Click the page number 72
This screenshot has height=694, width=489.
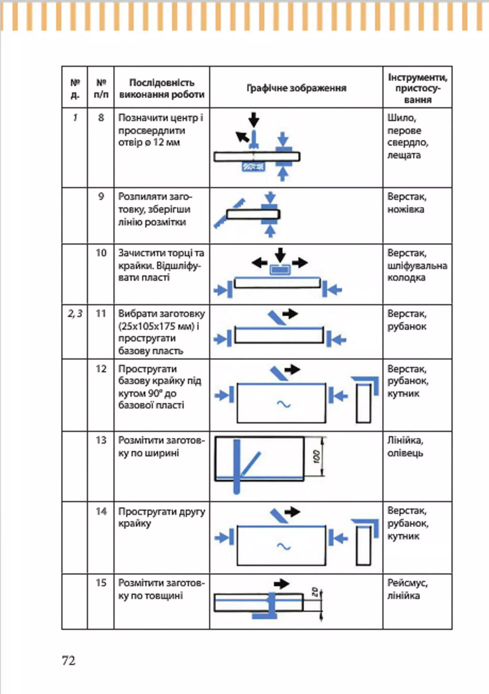[69, 661]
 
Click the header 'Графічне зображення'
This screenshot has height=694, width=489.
[296, 88]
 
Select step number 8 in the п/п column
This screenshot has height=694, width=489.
[101, 118]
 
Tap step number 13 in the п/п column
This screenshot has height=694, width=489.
[101, 440]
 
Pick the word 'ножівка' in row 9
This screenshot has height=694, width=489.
[406, 209]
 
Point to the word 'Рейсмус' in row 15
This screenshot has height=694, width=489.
[407, 583]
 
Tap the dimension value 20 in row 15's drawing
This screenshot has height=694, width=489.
[314, 591]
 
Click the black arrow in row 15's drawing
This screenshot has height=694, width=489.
[281, 584]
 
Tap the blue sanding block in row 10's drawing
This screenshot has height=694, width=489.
[280, 270]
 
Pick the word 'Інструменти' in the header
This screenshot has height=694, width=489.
[417, 78]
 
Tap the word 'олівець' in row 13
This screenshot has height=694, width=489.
[405, 453]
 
